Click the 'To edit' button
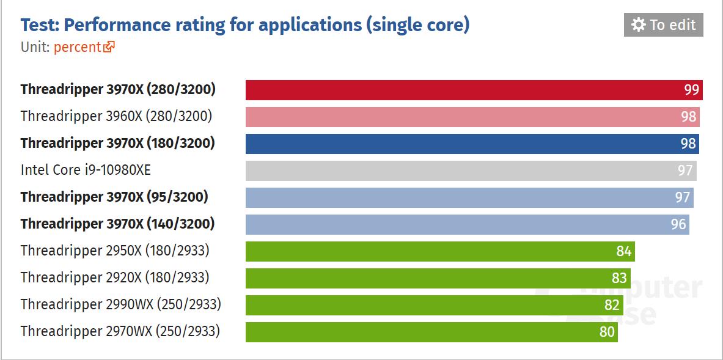click(663, 24)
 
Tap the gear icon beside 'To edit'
click(638, 24)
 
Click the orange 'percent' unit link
click(77, 47)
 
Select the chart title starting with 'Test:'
click(245, 25)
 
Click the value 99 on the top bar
click(691, 90)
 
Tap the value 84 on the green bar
click(623, 251)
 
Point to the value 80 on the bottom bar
click(607, 332)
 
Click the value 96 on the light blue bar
click(678, 224)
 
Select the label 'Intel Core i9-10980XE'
click(86, 169)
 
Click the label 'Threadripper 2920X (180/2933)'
click(115, 277)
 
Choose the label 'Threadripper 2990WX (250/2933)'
click(120, 304)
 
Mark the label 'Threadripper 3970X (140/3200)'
click(117, 224)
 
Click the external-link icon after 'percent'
click(109, 47)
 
